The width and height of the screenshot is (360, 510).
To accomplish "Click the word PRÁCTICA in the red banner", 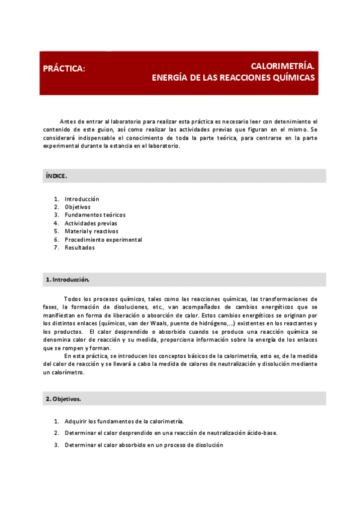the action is point(64,69).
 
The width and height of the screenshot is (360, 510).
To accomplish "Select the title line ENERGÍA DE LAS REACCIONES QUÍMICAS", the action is point(233,78).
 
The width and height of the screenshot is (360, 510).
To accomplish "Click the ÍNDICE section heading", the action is point(56,176).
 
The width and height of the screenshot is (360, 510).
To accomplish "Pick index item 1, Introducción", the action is point(82,199).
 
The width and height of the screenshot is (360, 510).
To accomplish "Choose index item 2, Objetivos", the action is point(78,207).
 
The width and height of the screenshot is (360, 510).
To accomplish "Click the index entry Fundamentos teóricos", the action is point(95,215).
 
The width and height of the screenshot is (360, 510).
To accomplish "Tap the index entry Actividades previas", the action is point(91,223).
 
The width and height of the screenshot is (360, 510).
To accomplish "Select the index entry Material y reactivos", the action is point(91,231).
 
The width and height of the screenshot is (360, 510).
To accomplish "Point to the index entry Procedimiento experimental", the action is point(103,239).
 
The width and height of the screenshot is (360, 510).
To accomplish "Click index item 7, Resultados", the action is point(79,247).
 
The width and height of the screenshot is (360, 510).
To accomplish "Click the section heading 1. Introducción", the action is point(67,280).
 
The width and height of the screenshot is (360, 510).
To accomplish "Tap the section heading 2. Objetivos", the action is point(63,399).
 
